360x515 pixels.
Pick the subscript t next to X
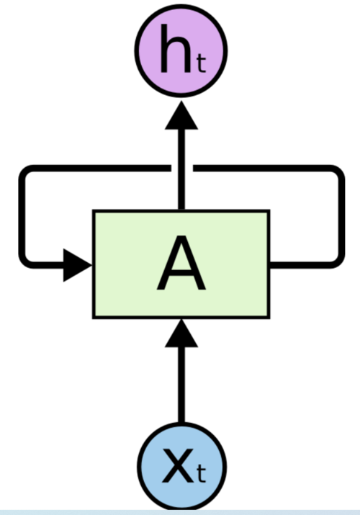(x=201, y=475)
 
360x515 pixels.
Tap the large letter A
(x=181, y=264)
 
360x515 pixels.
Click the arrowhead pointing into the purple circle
(x=181, y=115)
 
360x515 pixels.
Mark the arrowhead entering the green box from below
(x=181, y=331)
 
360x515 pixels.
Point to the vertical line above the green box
(x=181, y=184)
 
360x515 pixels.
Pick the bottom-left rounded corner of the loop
(x=26, y=259)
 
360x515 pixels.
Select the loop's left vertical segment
(x=22, y=216)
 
